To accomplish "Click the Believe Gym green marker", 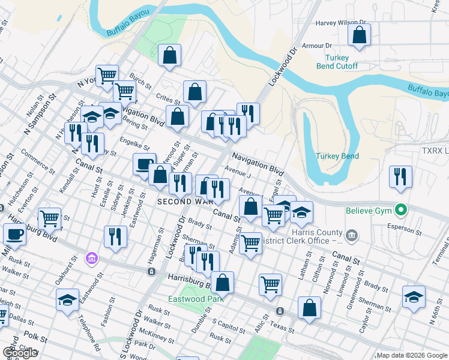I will pyautogui.click(x=397, y=210).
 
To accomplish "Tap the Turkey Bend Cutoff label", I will pyautogui.click(x=337, y=62).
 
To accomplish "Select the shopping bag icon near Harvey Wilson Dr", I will pyautogui.click(x=359, y=36).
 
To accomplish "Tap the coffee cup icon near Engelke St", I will pyautogui.click(x=144, y=164).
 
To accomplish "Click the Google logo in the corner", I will pyautogui.click(x=20, y=352).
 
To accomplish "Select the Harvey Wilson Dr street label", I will pyautogui.click(x=341, y=24).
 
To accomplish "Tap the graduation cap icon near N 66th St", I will pyautogui.click(x=414, y=298).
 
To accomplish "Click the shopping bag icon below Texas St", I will pyautogui.click(x=309, y=308).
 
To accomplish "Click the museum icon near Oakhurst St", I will pyautogui.click(x=91, y=259).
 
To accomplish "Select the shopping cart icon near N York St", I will pyautogui.click(x=107, y=76).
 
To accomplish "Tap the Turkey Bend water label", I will pyautogui.click(x=337, y=156).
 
